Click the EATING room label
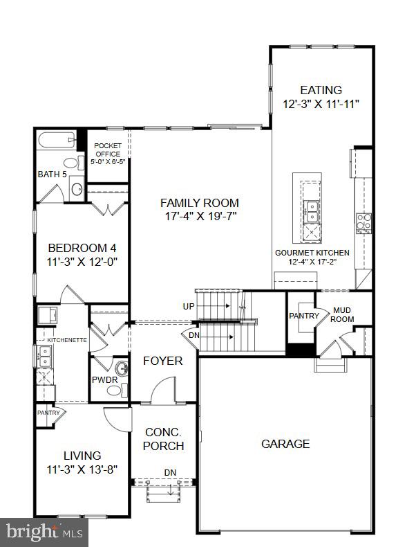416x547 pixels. [x=321, y=90]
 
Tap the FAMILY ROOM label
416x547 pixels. [x=200, y=203]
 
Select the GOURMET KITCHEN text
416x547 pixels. [x=312, y=253]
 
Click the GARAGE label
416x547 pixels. [x=285, y=444]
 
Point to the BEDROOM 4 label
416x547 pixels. [x=82, y=248]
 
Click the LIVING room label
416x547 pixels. [x=82, y=456]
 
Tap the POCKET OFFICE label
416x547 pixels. [x=108, y=150]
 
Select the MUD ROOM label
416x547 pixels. [x=343, y=315]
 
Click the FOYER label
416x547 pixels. [x=162, y=361]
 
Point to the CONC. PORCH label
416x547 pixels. [x=164, y=438]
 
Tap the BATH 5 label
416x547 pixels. [x=52, y=174]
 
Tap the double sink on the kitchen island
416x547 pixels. [x=312, y=206]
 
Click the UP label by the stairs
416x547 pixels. [x=189, y=306]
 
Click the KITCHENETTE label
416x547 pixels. [x=66, y=341]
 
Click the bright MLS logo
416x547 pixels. [x=45, y=532]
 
